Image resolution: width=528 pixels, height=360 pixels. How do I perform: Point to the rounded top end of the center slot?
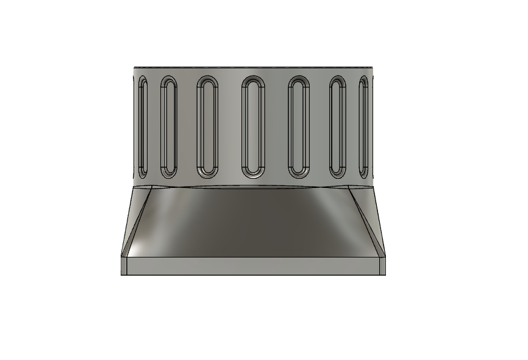click(253, 81)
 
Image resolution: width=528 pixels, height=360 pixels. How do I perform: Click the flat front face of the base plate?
click(253, 265)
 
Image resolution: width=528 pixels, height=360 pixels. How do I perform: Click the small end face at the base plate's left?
click(124, 265)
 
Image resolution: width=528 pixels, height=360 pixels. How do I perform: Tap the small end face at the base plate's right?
click(382, 265)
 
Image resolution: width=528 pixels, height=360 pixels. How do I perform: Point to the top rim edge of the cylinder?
click(253, 66)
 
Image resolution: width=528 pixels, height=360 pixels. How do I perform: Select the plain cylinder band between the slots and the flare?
click(253, 182)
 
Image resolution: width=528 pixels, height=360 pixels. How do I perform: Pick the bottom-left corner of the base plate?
click(121, 274)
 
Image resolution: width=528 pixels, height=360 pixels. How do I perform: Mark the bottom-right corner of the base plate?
click(385, 274)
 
